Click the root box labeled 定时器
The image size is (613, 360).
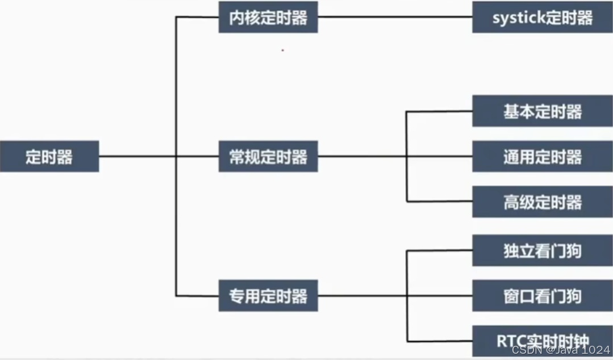(49, 156)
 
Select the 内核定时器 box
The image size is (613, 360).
(268, 17)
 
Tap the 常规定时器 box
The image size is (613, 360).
(268, 156)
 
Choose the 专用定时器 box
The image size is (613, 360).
(268, 295)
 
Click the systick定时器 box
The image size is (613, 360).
(542, 17)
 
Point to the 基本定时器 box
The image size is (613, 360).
(542, 111)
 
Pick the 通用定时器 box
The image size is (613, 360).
(542, 156)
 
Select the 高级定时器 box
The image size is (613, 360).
(542, 202)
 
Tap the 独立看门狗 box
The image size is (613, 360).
(542, 250)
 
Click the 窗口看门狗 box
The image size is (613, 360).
(542, 295)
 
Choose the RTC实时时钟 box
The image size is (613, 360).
(542, 342)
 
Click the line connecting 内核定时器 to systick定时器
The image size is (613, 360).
(395, 16)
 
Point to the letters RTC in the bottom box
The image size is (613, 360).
(510, 342)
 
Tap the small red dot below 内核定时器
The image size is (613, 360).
(282, 50)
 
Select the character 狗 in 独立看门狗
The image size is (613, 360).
(574, 250)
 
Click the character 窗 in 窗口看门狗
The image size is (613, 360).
(511, 296)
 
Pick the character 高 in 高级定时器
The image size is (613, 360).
(511, 202)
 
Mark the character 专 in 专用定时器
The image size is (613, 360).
(237, 296)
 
